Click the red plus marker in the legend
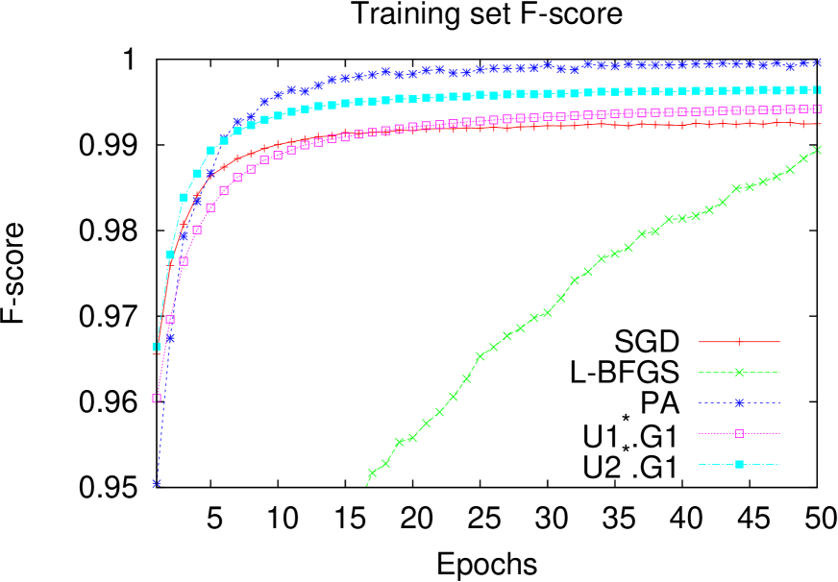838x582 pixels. pyautogui.click(x=738, y=341)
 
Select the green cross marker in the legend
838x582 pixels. pyautogui.click(x=738, y=372)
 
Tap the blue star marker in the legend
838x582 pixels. pyautogui.click(x=738, y=402)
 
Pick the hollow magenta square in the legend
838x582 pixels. pyautogui.click(x=738, y=433)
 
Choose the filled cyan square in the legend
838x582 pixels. pyautogui.click(x=738, y=464)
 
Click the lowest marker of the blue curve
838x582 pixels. pyautogui.click(x=157, y=483)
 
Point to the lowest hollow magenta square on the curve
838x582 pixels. pyautogui.click(x=157, y=398)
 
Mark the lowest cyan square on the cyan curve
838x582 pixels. pyautogui.click(x=157, y=347)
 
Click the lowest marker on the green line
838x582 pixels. pyautogui.click(x=372, y=473)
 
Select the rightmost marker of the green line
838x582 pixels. pyautogui.click(x=817, y=150)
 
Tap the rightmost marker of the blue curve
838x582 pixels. pyautogui.click(x=817, y=61)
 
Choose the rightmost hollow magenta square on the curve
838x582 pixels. pyautogui.click(x=817, y=109)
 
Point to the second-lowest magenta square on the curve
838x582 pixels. pyautogui.click(x=170, y=319)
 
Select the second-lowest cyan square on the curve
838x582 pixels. pyautogui.click(x=170, y=255)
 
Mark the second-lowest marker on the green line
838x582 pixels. pyautogui.click(x=385, y=463)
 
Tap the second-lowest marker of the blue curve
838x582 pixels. pyautogui.click(x=170, y=337)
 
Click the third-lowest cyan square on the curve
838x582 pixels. pyautogui.click(x=184, y=197)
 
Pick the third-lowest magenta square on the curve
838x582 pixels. pyautogui.click(x=184, y=260)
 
